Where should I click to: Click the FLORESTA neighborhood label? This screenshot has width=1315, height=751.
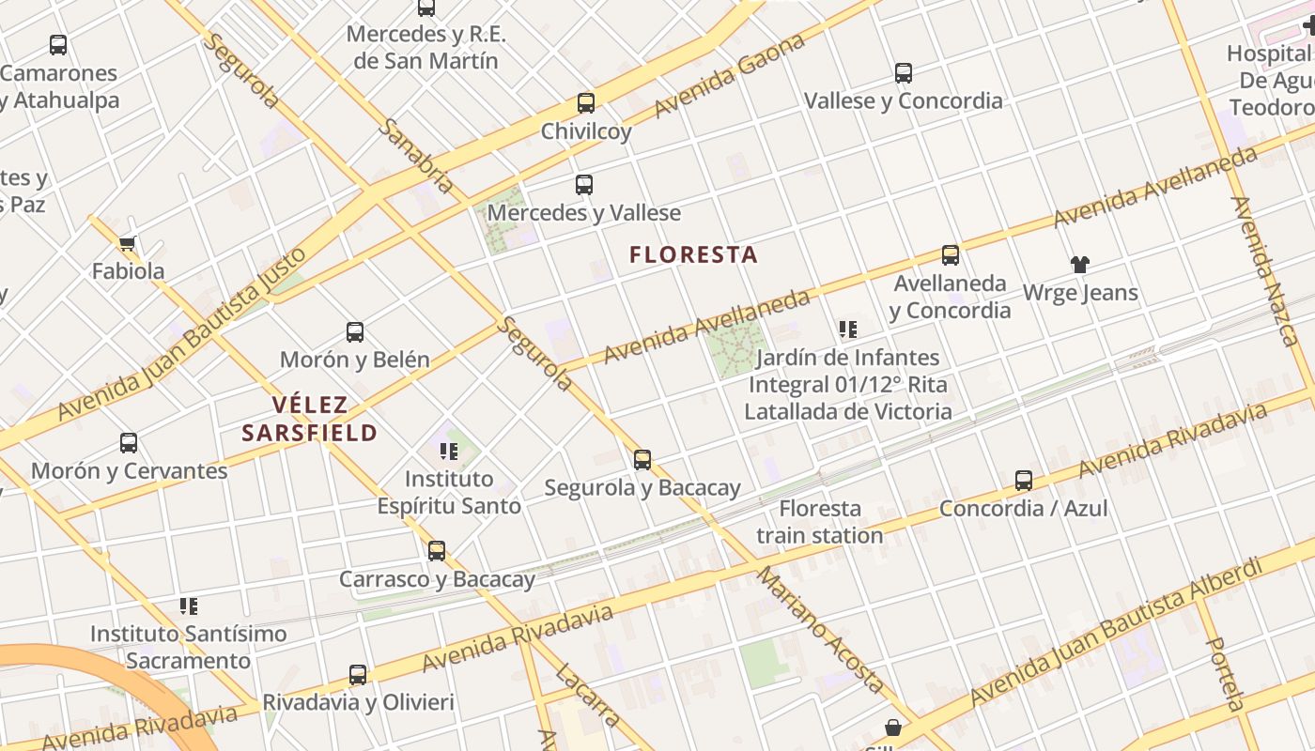(x=693, y=254)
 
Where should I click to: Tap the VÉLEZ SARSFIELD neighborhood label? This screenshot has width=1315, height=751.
(x=309, y=419)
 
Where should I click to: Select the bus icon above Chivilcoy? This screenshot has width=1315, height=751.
(x=586, y=103)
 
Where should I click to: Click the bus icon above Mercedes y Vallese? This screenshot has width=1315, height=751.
(x=584, y=185)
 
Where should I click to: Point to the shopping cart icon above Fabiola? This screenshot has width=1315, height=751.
(x=128, y=244)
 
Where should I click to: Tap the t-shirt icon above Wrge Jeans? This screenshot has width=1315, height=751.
(x=1080, y=265)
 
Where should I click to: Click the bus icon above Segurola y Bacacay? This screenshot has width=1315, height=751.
(x=642, y=460)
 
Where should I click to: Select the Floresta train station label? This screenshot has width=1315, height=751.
(x=819, y=522)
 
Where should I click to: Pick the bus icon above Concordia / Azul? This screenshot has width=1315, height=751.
(x=1024, y=481)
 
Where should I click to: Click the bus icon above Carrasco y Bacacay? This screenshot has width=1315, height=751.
(x=437, y=551)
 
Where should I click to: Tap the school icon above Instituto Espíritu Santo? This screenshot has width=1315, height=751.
(x=449, y=452)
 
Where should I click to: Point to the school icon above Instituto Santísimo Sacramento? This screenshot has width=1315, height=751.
(x=189, y=606)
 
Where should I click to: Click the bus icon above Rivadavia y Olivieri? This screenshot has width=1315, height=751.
(x=358, y=674)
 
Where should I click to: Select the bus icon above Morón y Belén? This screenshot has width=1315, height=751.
(x=355, y=331)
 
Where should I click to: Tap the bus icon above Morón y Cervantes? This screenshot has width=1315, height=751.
(x=129, y=443)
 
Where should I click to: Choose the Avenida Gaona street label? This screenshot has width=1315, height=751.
(x=730, y=76)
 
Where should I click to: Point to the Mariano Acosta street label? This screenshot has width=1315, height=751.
(x=821, y=629)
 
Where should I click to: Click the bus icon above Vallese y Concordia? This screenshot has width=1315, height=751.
(x=904, y=73)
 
